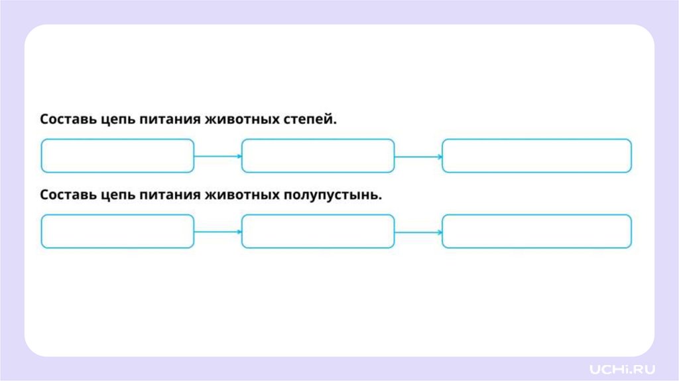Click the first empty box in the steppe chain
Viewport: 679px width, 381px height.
117,156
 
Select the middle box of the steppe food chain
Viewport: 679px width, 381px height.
318,156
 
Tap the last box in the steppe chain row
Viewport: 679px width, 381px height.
536,156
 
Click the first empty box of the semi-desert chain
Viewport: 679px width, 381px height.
117,232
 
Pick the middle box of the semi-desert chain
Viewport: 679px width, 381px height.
318,232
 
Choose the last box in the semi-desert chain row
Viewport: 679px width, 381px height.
536,232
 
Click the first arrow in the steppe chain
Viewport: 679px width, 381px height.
218,157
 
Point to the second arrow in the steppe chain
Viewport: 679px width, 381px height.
418,157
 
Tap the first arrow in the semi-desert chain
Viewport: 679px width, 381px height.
218,232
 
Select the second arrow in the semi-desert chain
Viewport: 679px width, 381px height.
418,232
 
